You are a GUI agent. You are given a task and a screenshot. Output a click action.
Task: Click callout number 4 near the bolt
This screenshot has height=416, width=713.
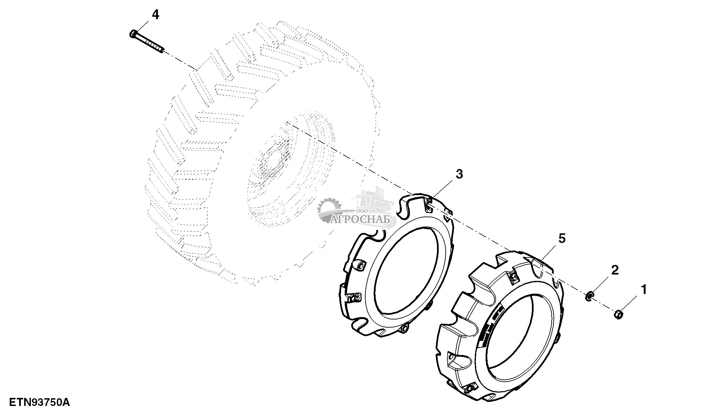[x=155, y=15]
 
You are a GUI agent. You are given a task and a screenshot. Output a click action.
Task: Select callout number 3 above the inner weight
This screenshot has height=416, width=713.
[x=459, y=174]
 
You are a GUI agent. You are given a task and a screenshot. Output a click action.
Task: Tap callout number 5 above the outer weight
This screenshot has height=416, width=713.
[x=562, y=239]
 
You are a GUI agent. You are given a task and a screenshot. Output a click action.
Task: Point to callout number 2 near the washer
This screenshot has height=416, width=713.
[x=615, y=270]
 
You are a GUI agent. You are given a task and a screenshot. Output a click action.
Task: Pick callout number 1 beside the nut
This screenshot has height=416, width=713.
[x=644, y=289]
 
